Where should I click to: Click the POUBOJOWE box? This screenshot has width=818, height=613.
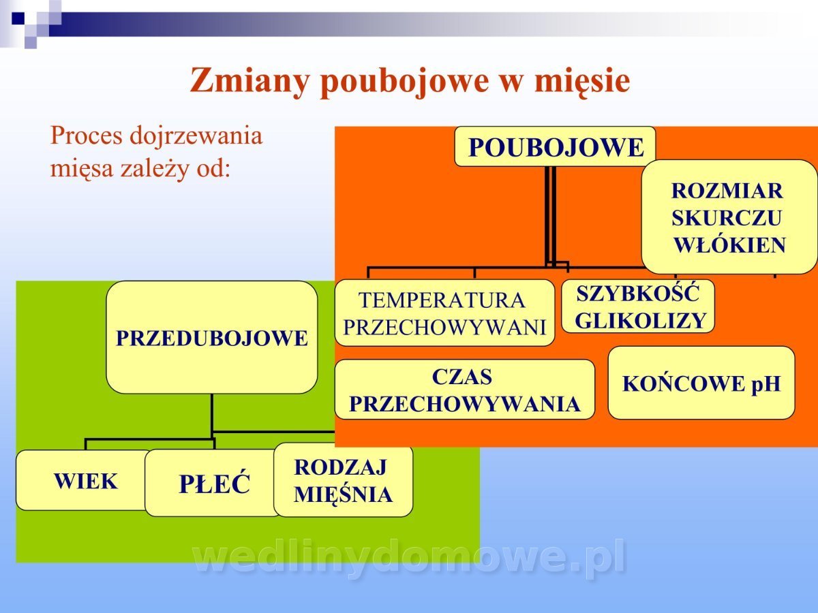click(x=555, y=146)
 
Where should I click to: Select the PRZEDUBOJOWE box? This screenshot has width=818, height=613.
click(x=212, y=337)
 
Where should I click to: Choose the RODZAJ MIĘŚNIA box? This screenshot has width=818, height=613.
click(x=344, y=480)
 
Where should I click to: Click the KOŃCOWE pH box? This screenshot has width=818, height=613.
click(x=701, y=383)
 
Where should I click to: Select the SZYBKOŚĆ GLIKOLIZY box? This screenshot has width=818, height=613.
click(x=638, y=306)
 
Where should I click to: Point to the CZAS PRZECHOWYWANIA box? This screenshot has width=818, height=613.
click(x=465, y=390)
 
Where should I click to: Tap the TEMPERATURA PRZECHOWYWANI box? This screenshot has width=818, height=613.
click(x=444, y=313)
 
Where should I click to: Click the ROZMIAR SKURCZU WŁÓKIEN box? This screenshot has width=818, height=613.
click(x=729, y=217)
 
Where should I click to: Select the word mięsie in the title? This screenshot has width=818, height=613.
click(x=582, y=82)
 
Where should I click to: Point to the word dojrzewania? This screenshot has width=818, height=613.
click(x=196, y=136)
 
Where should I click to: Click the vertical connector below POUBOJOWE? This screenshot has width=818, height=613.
click(x=549, y=217)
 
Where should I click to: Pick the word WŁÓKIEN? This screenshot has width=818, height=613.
click(x=729, y=245)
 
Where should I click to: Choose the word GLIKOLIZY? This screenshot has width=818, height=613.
click(x=641, y=320)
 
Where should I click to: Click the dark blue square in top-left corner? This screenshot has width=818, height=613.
click(x=18, y=18)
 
